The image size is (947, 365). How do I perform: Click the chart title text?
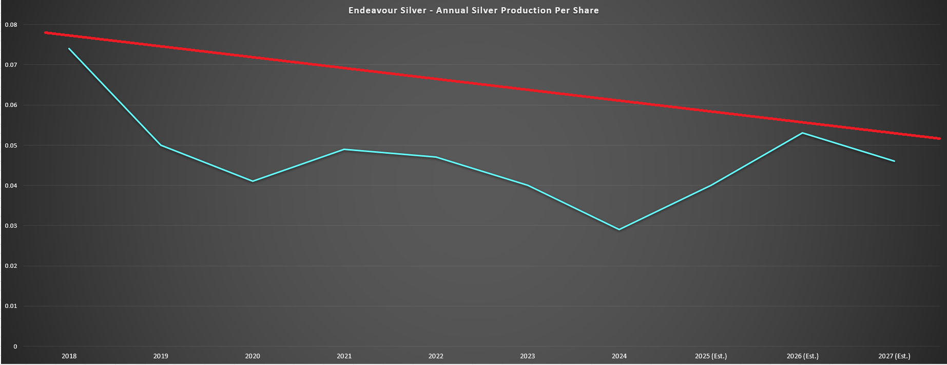coord(473,10)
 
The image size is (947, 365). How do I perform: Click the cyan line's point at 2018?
coord(69,49)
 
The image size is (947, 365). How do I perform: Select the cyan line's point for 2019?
coord(161,145)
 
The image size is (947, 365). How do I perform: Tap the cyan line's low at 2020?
coord(253,181)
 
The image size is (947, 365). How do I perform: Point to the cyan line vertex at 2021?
coord(344,149)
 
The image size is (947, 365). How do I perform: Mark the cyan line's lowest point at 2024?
coord(619,229)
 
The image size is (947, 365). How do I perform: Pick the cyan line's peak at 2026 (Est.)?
coord(802,133)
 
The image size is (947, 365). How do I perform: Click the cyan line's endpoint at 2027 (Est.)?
coord(894,161)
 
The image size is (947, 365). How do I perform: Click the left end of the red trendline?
coord(46,32)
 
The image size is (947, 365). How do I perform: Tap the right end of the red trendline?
coord(939,138)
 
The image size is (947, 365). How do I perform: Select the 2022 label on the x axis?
coord(436,356)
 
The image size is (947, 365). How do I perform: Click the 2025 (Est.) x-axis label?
coord(711,356)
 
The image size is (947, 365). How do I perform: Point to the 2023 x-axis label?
coord(527,356)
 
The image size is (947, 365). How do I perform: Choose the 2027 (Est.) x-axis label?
coord(894,356)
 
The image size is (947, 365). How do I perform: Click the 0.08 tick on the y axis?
coord(11,25)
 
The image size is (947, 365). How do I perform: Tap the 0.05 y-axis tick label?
coord(11,145)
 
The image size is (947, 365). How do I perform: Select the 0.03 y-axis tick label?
coord(11,226)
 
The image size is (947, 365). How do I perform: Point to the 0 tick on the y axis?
coord(15,346)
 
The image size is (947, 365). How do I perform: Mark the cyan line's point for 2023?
coord(527,185)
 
